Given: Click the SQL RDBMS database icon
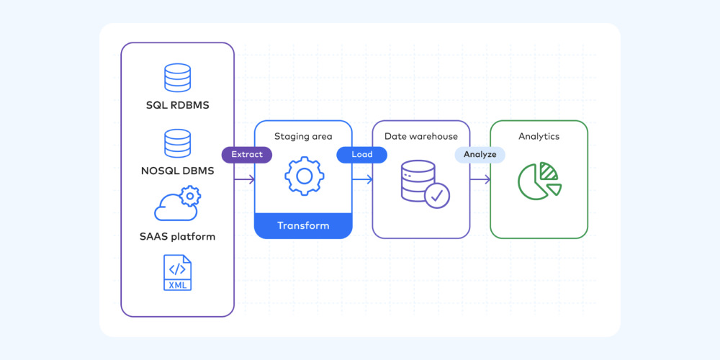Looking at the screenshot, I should [x=177, y=78].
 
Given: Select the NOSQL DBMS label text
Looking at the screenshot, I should [x=177, y=171].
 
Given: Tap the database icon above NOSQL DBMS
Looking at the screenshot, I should [x=177, y=143].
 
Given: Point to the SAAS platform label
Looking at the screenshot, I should [x=177, y=236].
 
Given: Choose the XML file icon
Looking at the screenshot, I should [x=177, y=272].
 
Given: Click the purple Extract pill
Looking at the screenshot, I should [x=246, y=155].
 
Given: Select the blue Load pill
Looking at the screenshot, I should [x=361, y=155].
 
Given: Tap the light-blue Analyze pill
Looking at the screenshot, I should [x=480, y=155].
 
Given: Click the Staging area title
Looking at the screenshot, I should [x=303, y=136].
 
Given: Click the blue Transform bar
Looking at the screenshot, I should [x=303, y=225].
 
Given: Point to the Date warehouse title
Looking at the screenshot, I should [x=420, y=136].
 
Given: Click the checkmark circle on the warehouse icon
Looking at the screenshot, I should [x=437, y=195].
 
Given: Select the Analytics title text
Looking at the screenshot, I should [x=539, y=136].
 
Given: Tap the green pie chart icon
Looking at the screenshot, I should [x=539, y=181].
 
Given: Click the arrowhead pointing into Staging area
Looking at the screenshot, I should [x=251, y=179].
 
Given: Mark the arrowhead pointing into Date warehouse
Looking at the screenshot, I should [x=369, y=179].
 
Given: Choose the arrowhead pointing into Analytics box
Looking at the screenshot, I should [x=487, y=179].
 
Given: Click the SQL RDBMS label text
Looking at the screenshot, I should [x=177, y=106].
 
